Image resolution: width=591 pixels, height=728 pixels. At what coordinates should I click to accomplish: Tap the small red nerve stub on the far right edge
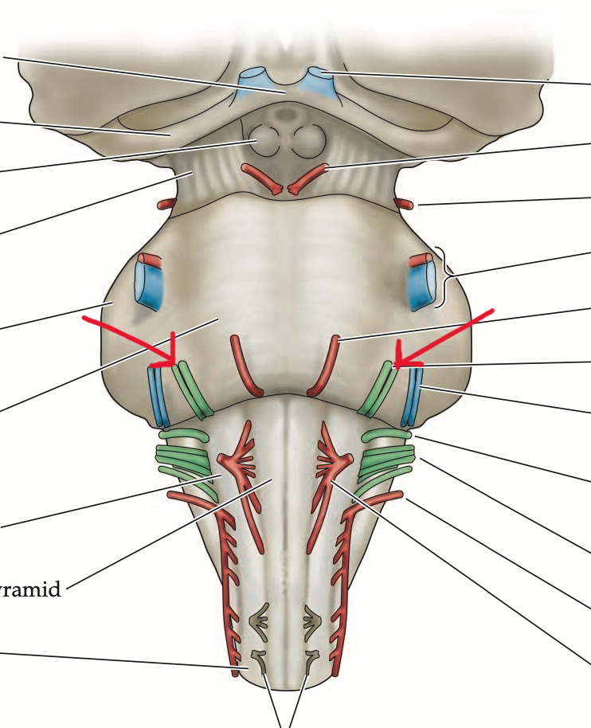pyautogui.click(x=405, y=204)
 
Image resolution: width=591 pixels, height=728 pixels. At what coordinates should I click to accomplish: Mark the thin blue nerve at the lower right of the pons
pyautogui.click(x=413, y=396)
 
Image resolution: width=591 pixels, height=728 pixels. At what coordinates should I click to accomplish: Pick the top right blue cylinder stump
pyautogui.click(x=321, y=81)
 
